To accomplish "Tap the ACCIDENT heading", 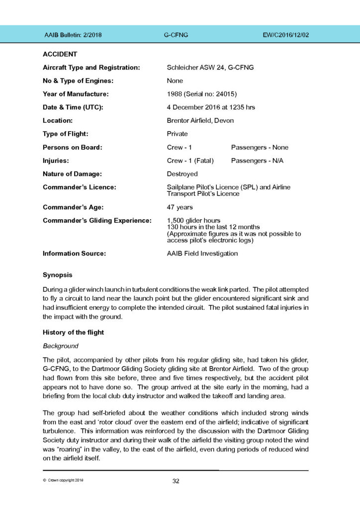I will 60,54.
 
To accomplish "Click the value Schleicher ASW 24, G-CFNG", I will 210,67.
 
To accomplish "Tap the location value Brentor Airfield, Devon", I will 200,120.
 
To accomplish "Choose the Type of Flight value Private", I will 178,134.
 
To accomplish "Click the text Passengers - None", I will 260,147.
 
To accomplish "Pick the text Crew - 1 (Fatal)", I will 190,161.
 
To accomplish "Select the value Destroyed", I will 182,174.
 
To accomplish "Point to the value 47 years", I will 180,207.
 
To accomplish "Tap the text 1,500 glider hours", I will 194,220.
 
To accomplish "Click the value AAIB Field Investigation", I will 202,254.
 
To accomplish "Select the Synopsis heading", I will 58,275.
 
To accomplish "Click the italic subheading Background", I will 61,344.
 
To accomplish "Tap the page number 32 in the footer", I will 176,481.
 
